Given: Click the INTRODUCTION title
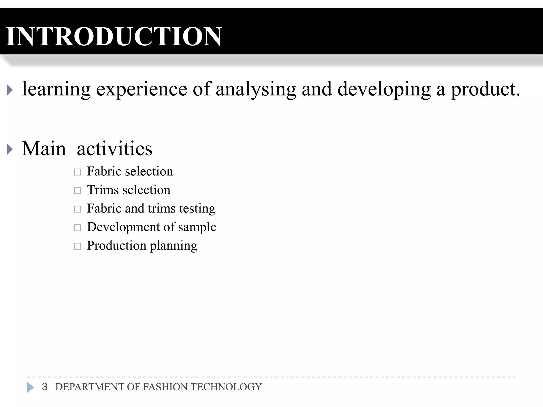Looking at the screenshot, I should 113,36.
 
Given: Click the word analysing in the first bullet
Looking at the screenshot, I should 256,90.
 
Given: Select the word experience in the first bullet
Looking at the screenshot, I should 141,90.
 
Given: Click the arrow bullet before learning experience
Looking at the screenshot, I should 10,90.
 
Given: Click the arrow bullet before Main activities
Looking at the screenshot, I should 10,149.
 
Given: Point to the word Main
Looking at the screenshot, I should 44,149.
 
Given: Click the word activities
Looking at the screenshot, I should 115,149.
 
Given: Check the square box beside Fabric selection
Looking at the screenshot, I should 77,172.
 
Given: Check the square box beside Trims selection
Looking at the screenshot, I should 77,191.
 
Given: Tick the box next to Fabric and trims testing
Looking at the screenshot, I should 77,209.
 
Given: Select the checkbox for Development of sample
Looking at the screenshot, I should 77,228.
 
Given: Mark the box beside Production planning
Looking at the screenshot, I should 77,246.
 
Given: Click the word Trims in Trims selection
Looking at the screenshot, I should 103,190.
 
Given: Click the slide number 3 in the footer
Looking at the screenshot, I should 45,387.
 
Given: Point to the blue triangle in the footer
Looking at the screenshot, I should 30,387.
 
